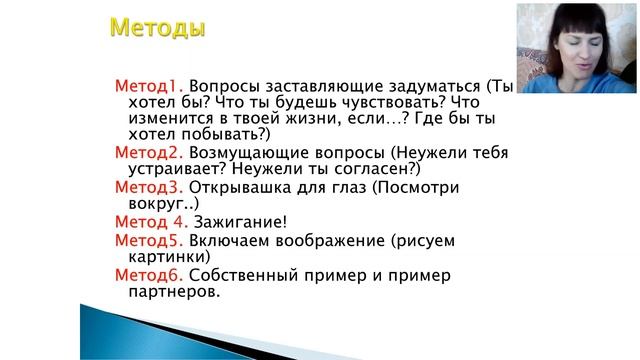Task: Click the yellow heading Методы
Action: click(157, 28)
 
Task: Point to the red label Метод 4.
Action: click(151, 221)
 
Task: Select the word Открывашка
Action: click(242, 187)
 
